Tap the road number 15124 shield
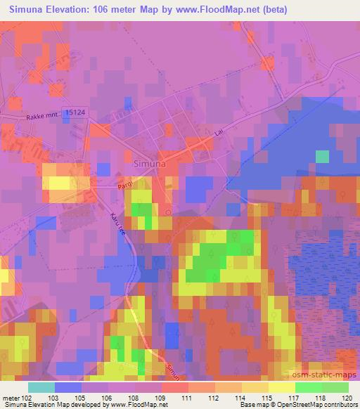[x=74, y=112]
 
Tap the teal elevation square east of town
[x=322, y=156]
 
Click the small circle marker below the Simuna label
[x=169, y=210]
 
